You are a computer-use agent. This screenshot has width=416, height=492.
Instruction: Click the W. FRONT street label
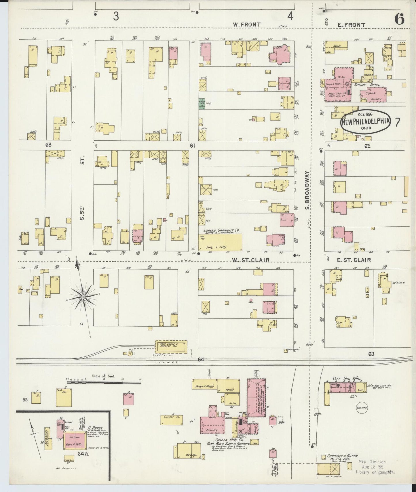tap(247, 25)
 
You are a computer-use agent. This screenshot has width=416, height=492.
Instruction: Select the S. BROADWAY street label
tap(307, 190)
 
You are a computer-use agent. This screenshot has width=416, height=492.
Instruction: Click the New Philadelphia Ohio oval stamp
tap(366, 121)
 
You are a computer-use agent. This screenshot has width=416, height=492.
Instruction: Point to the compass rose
tap(83, 297)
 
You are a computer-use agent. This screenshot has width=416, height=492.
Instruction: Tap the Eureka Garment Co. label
tap(222, 230)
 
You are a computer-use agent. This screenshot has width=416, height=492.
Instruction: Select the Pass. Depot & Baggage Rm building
tap(171, 347)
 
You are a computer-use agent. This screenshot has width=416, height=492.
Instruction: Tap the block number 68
tap(48, 145)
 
